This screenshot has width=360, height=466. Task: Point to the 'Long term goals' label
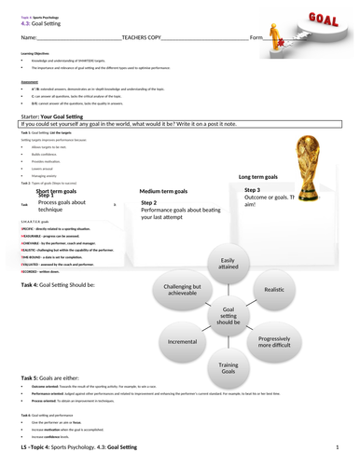click(258, 175)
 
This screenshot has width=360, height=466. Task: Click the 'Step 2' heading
click(149, 202)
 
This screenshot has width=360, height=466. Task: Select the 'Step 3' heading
click(252, 189)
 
